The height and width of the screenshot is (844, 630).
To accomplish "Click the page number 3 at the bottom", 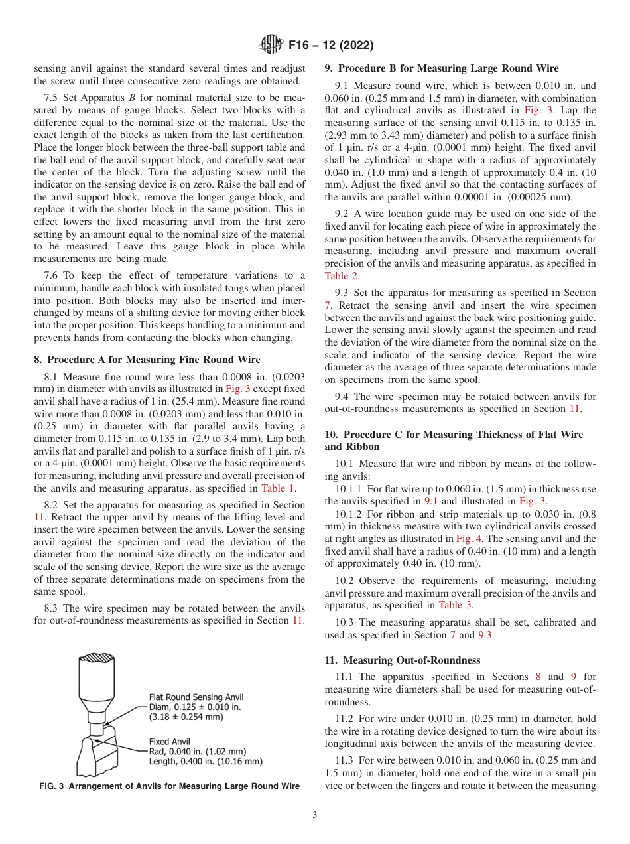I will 315,815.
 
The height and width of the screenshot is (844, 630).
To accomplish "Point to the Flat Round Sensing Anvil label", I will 196,697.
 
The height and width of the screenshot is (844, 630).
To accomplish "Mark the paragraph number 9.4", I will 344,397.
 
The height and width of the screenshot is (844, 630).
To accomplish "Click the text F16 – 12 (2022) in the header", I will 330,46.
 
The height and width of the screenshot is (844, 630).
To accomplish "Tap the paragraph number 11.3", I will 346,760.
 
